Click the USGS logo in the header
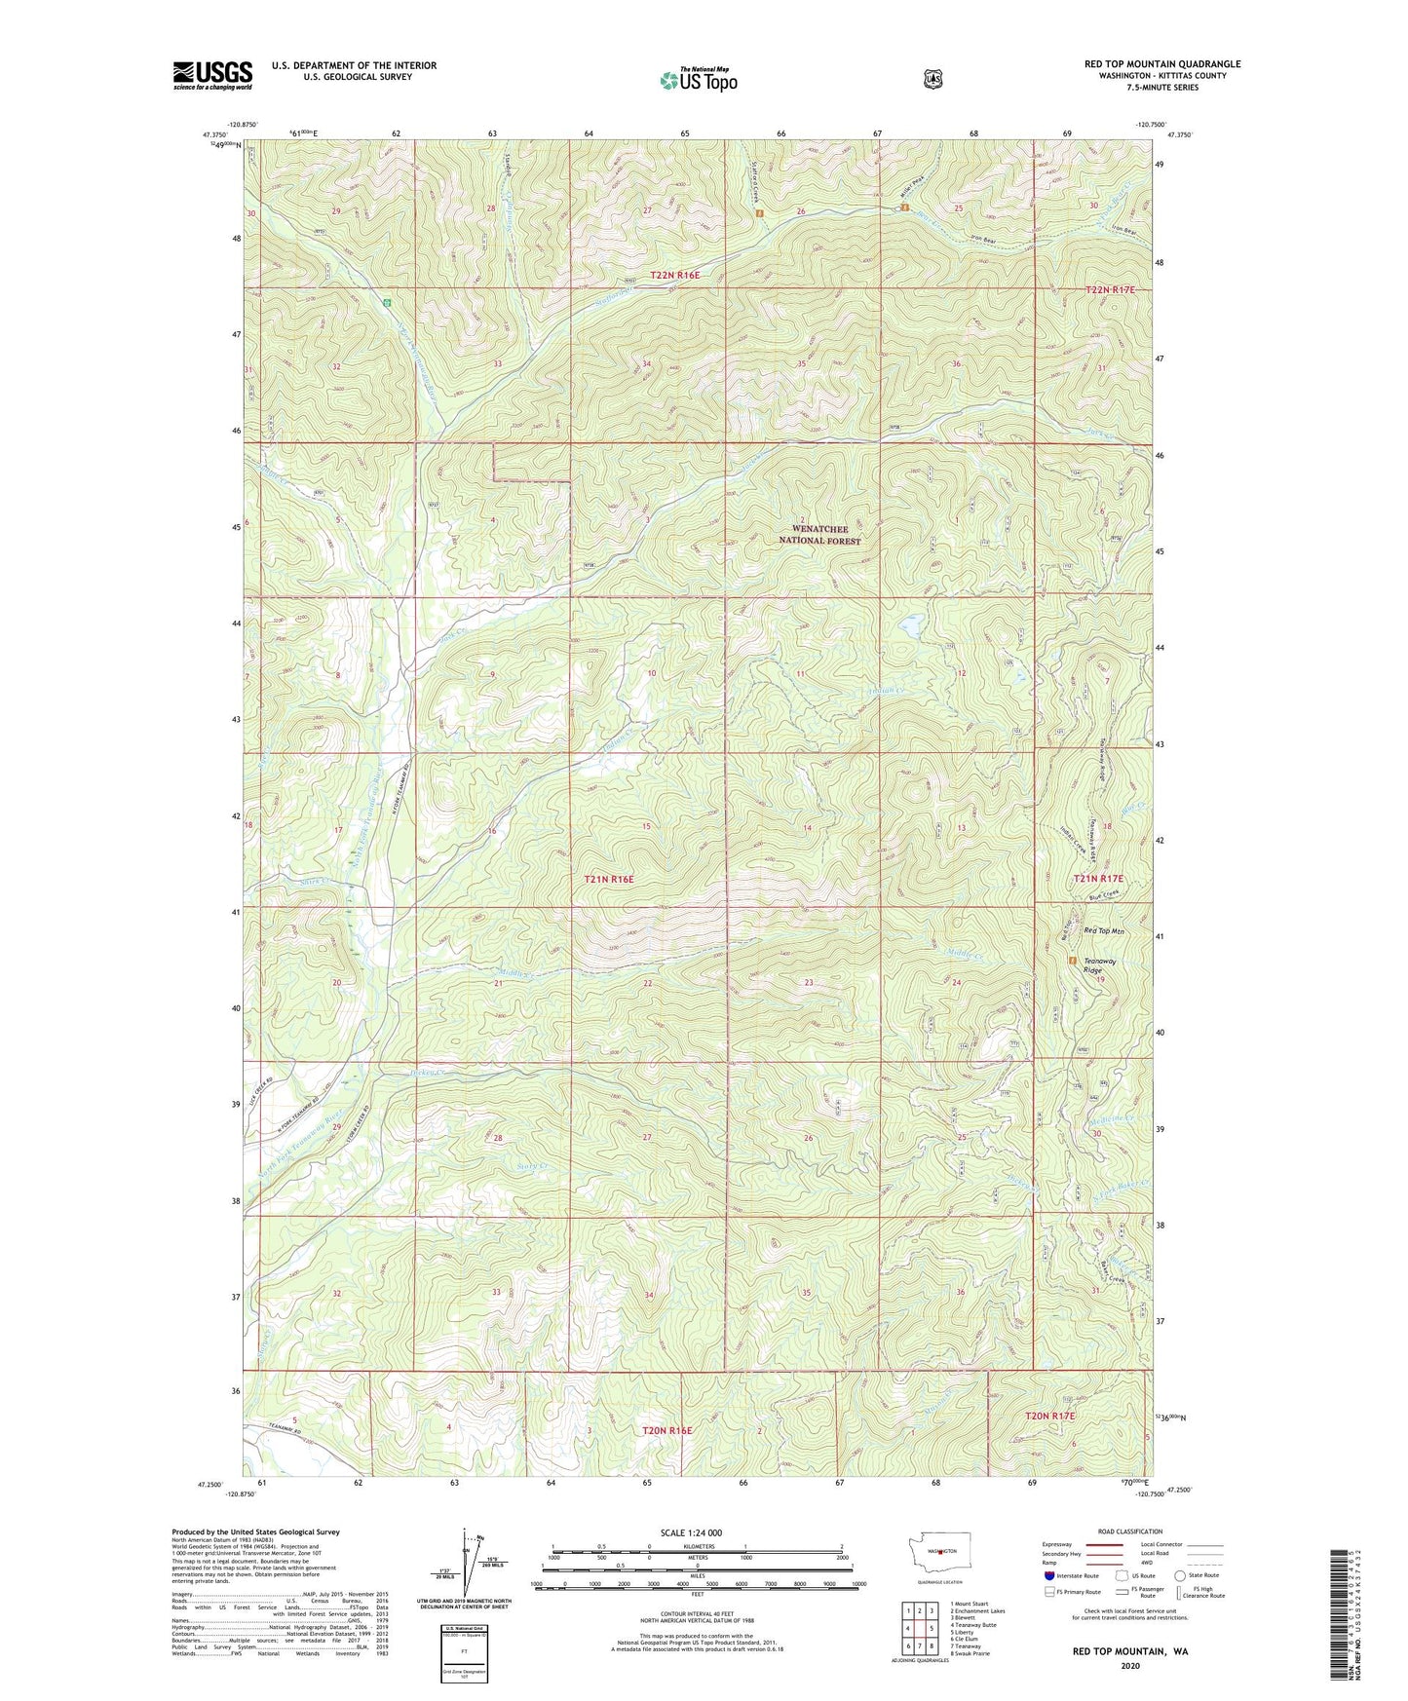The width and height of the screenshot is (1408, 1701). click(x=212, y=75)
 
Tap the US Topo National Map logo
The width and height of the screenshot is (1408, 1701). click(x=698, y=79)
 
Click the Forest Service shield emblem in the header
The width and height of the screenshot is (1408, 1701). click(x=932, y=79)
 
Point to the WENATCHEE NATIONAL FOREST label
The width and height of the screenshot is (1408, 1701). click(x=819, y=535)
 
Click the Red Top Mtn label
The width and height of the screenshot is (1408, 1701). click(x=1104, y=932)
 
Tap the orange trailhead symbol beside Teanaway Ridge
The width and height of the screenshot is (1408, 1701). click(x=1073, y=961)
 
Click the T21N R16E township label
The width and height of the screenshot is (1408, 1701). click(x=609, y=879)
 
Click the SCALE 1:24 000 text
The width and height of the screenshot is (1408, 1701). click(x=691, y=1532)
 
